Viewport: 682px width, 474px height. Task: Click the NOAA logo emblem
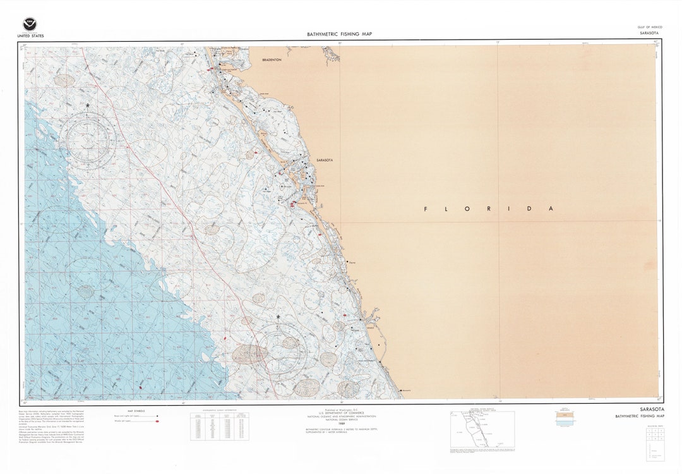(30, 25)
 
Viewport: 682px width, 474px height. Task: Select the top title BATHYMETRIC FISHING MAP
(340, 34)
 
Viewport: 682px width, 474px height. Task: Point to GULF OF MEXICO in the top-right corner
(649, 28)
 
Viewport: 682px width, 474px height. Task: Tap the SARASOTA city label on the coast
(325, 161)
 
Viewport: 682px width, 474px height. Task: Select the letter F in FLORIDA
(425, 209)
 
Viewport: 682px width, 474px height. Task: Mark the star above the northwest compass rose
(88, 106)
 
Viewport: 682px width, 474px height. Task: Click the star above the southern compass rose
(278, 317)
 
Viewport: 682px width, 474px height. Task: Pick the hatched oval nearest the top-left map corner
(64, 80)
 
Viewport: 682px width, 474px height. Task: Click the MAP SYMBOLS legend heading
(136, 411)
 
